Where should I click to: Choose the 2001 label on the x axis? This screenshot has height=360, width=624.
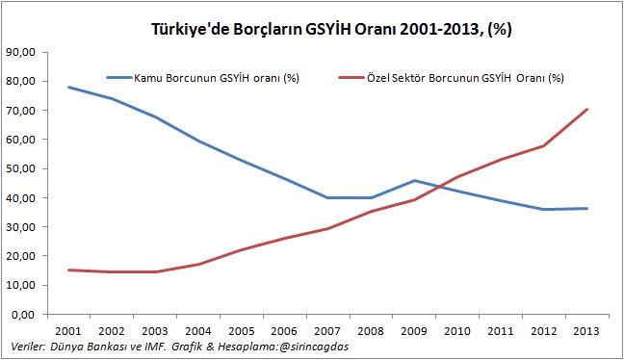click(x=67, y=330)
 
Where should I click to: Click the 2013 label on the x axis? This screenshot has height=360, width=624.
click(x=587, y=330)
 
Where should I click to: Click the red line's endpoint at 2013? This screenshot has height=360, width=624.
click(x=587, y=109)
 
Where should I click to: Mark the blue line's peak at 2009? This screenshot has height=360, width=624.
click(x=414, y=180)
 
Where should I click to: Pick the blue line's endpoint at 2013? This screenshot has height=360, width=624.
click(x=587, y=209)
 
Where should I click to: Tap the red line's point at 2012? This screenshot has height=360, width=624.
click(x=544, y=146)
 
